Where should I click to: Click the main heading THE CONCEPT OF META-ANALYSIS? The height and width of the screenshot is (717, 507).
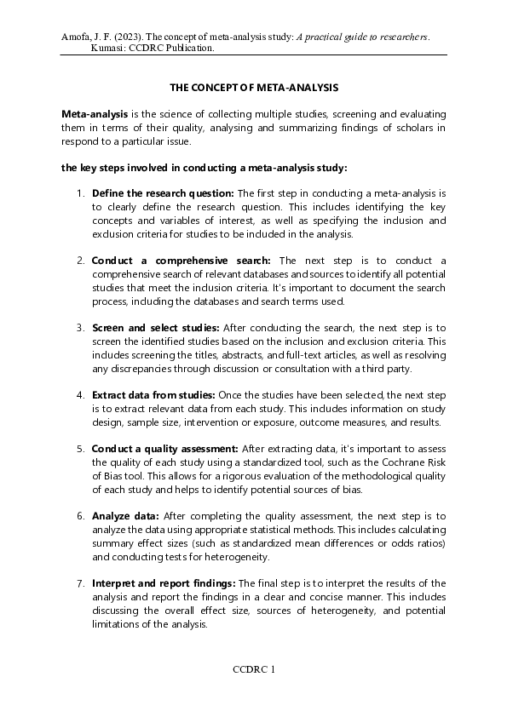(x=253, y=88)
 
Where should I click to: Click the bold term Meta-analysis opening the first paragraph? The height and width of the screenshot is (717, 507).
(x=95, y=114)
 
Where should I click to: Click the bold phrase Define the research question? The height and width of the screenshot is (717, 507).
(x=163, y=193)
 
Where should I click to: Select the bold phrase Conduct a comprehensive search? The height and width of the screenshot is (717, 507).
(x=181, y=260)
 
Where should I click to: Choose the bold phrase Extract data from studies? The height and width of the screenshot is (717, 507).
(x=153, y=395)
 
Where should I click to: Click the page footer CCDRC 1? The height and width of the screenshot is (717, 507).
(x=254, y=669)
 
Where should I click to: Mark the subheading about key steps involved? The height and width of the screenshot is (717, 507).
(x=204, y=168)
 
